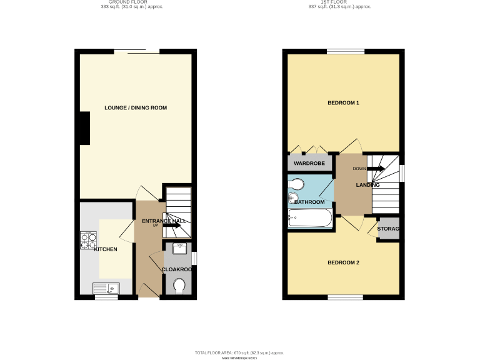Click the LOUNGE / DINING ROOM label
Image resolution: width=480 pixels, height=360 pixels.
point(136,108)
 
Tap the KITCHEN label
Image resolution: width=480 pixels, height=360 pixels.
point(106,249)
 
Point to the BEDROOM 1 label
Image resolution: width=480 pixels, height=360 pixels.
point(344,102)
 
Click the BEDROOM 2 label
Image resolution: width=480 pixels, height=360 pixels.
point(344,262)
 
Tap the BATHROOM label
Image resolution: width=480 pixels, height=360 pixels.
point(309,202)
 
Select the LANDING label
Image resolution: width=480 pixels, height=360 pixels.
point(368,186)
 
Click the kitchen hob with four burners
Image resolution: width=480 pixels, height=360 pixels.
point(88,241)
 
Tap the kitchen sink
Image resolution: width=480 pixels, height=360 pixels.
point(106,287)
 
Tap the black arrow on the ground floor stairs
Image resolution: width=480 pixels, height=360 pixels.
point(172,226)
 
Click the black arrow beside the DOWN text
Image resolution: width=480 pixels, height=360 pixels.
point(376,169)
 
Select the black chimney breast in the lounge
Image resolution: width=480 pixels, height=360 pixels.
point(82,128)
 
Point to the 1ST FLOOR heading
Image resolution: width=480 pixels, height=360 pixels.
point(339,2)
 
